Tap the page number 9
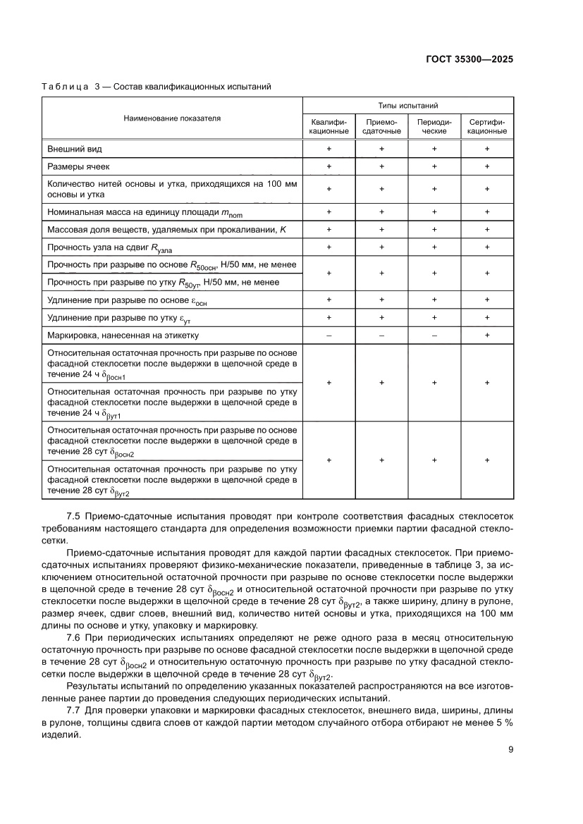pyautogui.click(x=510, y=749)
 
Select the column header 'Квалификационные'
pyautogui.click(x=329, y=126)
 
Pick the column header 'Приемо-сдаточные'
pyautogui.click(x=381, y=126)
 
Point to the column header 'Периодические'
pyautogui.click(x=434, y=126)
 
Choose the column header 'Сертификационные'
pyautogui.click(x=487, y=126)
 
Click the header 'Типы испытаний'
pyautogui.click(x=408, y=105)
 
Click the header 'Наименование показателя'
pyautogui.click(x=172, y=118)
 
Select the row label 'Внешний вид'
pyautogui.click(x=75, y=149)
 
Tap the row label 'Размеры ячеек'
pyautogui.click(x=78, y=166)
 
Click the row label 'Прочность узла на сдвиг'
pyautogui.click(x=106, y=247)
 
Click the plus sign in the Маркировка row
pyautogui.click(x=487, y=336)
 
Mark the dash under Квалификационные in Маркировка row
pyautogui.click(x=329, y=336)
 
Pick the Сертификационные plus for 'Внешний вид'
pyautogui.click(x=487, y=149)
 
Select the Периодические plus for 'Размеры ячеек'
pyautogui.click(x=434, y=166)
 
